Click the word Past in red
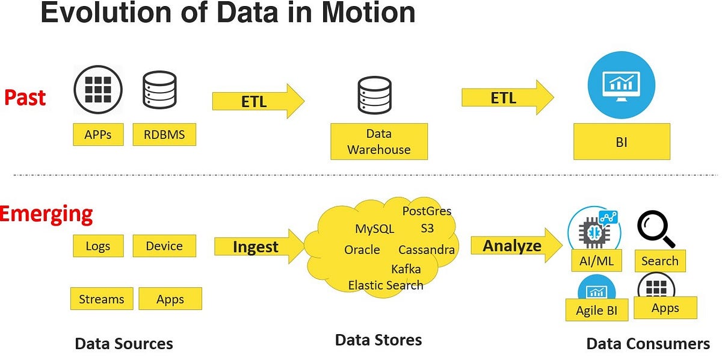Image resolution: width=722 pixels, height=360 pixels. point(25,97)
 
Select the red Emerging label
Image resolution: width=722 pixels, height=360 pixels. point(46,214)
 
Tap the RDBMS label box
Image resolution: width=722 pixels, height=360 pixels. point(164,135)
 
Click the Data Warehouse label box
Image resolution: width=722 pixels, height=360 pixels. point(379,141)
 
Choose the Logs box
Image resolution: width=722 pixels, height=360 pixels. point(99,246)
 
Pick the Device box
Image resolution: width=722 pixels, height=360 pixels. point(164,246)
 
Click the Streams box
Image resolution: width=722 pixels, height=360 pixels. point(101,299)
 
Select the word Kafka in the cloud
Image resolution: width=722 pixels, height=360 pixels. point(406,268)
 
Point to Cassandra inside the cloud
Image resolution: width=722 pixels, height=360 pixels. point(427,250)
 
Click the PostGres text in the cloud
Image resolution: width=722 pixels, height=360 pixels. point(427,211)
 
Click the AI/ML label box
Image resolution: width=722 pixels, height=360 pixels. point(595,261)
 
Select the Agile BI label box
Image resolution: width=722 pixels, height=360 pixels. point(597,311)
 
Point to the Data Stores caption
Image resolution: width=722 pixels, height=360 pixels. point(378,340)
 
